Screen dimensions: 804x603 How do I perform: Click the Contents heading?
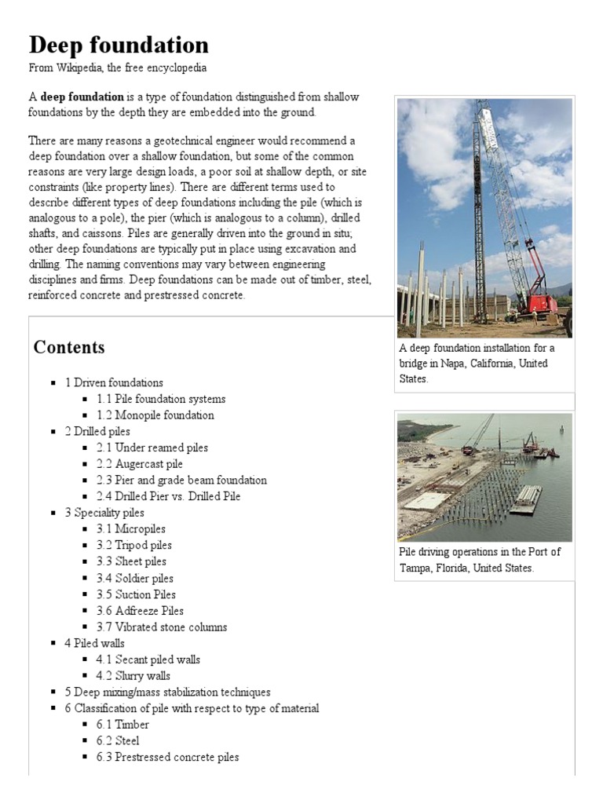pyautogui.click(x=68, y=347)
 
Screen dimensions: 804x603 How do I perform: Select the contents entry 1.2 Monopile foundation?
pyautogui.click(x=155, y=415)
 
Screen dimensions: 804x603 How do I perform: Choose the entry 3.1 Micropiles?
pyautogui.click(x=131, y=529)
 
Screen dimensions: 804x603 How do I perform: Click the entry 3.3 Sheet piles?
pyautogui.click(x=131, y=561)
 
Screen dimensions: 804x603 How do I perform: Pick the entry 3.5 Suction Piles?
pyautogui.click(x=136, y=594)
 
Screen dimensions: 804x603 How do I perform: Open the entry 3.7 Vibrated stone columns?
pyautogui.click(x=162, y=627)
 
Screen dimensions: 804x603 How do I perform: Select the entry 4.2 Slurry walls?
pyautogui.click(x=133, y=676)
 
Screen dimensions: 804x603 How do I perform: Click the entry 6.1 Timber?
pyautogui.click(x=122, y=725)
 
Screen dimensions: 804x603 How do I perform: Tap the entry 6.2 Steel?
pyautogui.click(x=118, y=741)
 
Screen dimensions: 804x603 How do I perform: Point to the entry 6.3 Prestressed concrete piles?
pyautogui.click(x=167, y=758)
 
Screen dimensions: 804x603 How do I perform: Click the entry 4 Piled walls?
pyautogui.click(x=94, y=644)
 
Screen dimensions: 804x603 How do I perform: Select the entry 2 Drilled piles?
pyautogui.click(x=97, y=431)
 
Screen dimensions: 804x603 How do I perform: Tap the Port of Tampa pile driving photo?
pyautogui.click(x=484, y=477)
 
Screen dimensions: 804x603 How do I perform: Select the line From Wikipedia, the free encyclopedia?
pyautogui.click(x=117, y=68)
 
